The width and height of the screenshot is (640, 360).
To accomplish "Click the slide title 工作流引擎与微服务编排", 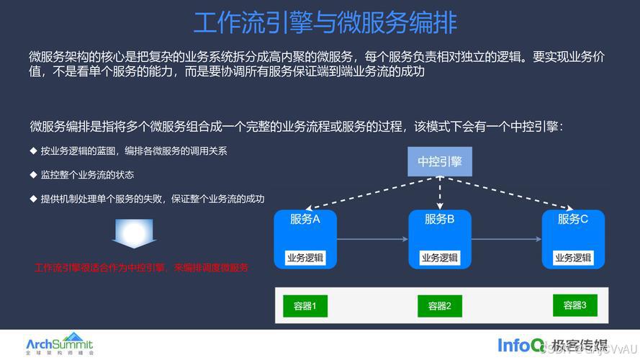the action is click(325, 22).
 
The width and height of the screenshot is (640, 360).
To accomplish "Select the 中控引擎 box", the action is click(439, 161).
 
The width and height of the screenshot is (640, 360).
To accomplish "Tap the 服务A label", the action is click(305, 219).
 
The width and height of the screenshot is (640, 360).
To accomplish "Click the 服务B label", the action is click(439, 219).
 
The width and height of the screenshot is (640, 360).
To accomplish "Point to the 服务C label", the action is click(573, 219).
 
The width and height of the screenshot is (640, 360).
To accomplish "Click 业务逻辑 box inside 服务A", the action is click(305, 258).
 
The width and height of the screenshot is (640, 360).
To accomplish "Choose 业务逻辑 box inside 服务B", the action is click(439, 258).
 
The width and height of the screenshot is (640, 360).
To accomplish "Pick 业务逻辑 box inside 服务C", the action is click(573, 258).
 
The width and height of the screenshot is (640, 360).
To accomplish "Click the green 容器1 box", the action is click(305, 306).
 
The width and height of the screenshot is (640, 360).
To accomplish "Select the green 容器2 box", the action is click(439, 306).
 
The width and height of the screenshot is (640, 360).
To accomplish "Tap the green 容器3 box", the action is click(574, 305).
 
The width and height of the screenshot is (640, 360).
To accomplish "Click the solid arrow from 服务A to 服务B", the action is click(371, 239).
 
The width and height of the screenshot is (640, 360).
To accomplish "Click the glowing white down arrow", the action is click(133, 233).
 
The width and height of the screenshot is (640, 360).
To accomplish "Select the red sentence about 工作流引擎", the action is click(141, 268).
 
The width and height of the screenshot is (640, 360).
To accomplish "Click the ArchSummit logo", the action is click(59, 343).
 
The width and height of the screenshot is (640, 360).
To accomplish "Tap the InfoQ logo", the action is click(520, 345).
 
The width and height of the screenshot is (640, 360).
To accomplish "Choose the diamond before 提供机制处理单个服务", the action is click(33, 198).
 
